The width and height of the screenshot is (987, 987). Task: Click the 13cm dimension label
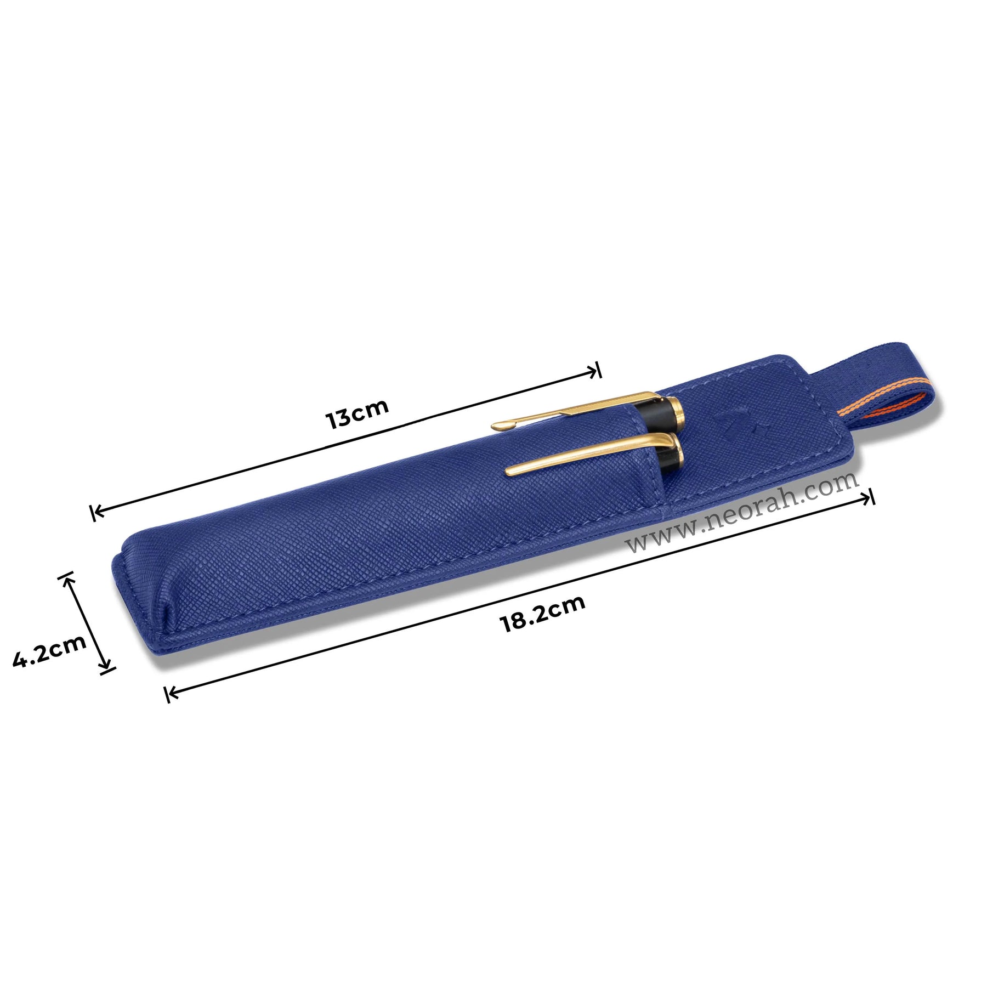(x=357, y=413)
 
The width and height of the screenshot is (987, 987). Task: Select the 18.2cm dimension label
(x=542, y=614)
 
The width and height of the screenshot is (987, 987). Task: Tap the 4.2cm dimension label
(x=49, y=651)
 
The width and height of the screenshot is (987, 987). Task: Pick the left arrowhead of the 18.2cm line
(x=172, y=693)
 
